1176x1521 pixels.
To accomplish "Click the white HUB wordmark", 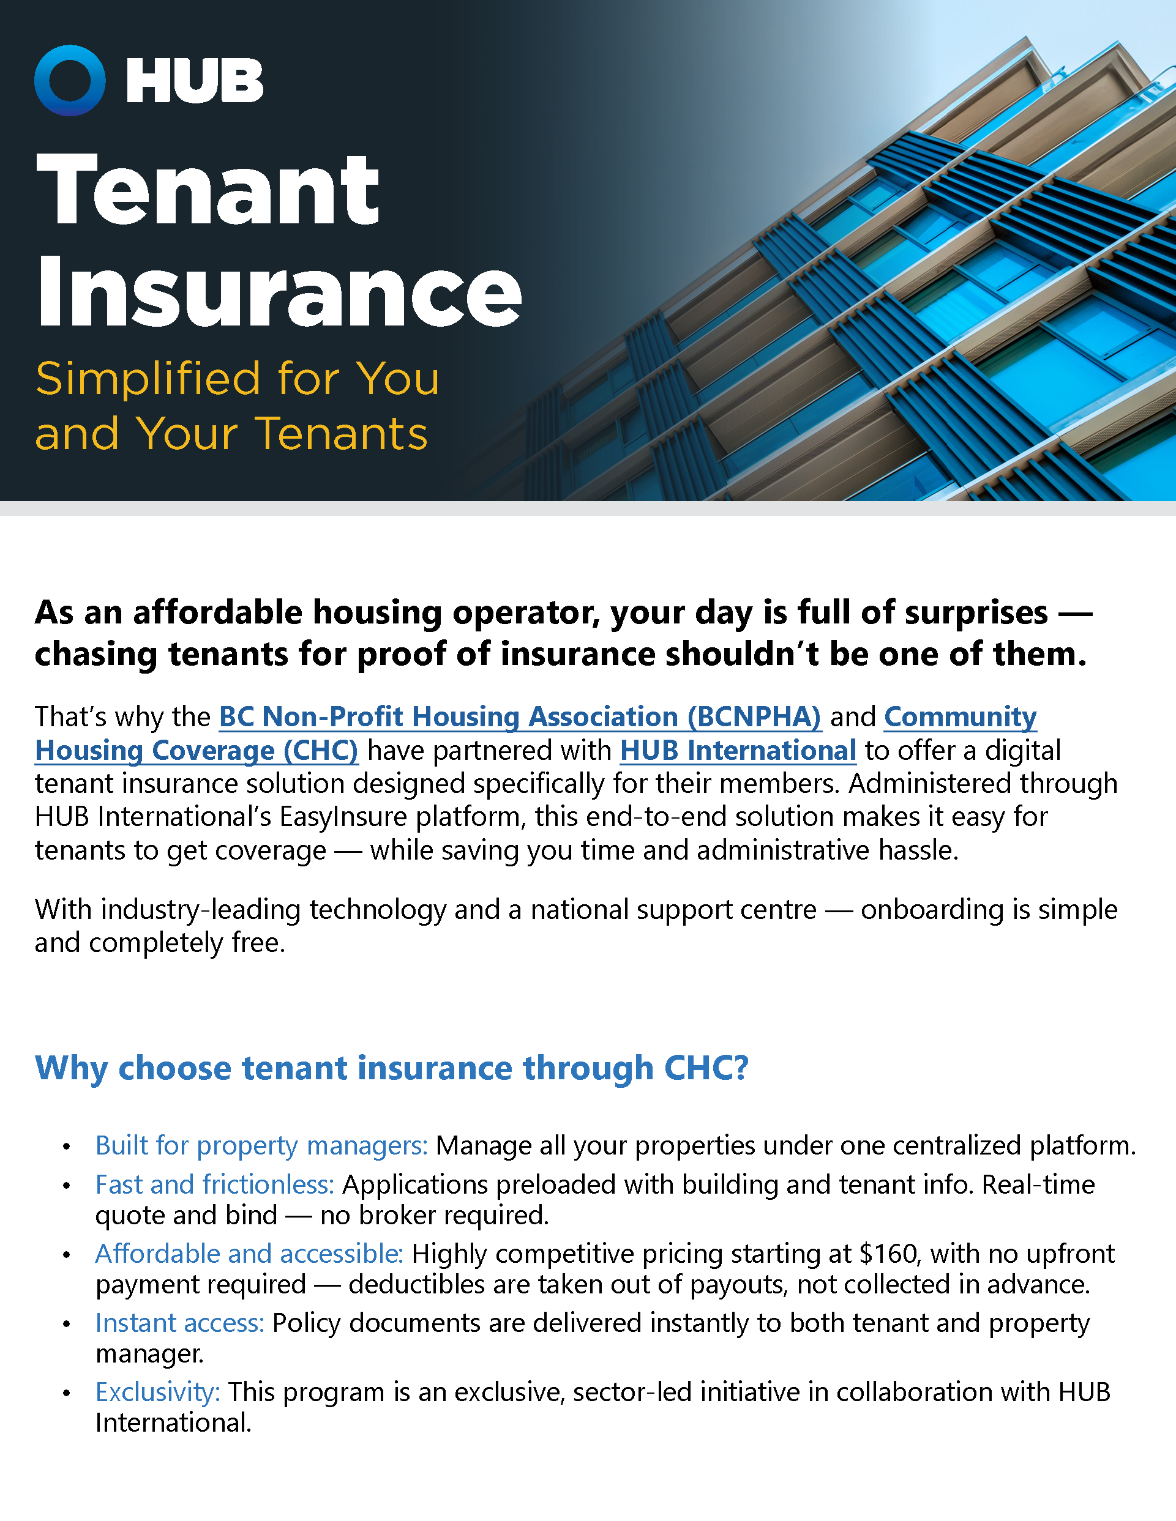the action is (195, 81).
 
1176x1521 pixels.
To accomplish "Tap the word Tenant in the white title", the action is (208, 190).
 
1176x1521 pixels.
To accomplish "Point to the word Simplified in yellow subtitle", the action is (148, 379).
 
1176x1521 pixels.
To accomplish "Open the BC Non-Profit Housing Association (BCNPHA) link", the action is (520, 716).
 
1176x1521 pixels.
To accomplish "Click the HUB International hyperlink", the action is (738, 750).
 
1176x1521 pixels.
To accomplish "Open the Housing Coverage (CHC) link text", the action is (197, 750).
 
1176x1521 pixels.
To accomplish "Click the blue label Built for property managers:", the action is (261, 1145).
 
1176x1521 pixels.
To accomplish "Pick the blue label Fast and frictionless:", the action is (215, 1184).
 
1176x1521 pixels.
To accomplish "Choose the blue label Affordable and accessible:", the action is (249, 1254).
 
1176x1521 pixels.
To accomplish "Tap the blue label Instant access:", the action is (180, 1323).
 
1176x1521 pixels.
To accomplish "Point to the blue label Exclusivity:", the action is (158, 1391).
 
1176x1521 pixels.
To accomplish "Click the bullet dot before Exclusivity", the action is (66, 1394).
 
